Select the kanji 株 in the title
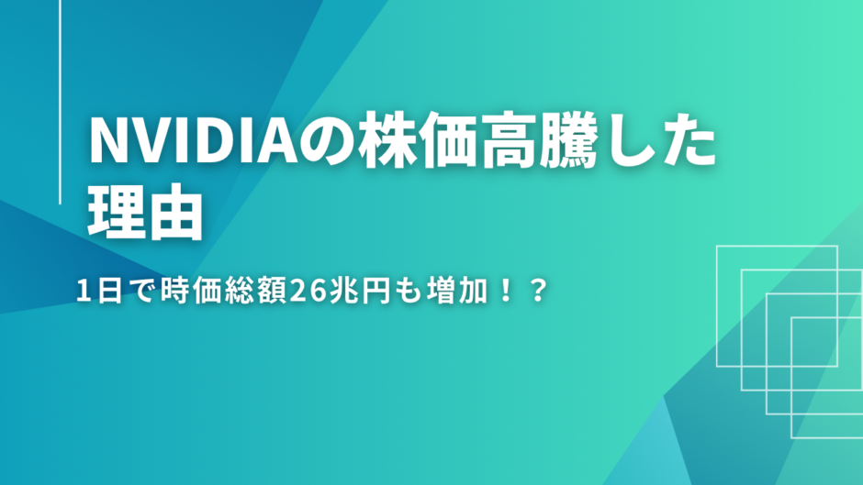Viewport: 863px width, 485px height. (387, 140)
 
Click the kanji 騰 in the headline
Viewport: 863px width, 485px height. (567, 140)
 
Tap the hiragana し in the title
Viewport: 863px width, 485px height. (624, 141)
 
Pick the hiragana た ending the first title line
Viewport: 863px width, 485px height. (688, 141)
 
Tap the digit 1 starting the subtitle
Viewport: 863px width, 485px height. (84, 291)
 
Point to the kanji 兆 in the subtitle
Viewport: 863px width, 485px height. (344, 291)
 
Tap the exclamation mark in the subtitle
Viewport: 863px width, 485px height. (505, 291)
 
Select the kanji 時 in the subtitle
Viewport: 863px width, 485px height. (175, 291)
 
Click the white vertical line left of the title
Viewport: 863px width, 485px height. (60, 102)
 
